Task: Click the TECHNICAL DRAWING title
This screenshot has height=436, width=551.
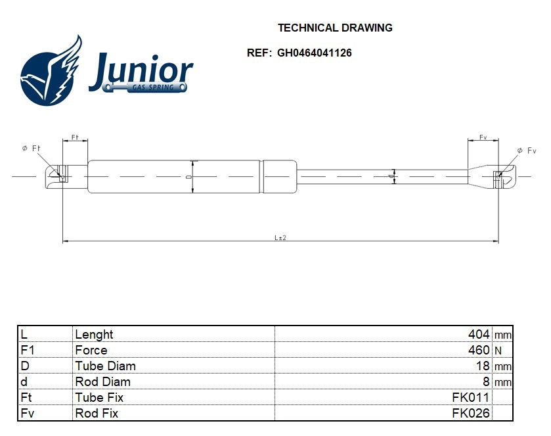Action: tap(335, 28)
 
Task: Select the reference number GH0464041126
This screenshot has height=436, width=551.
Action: tap(314, 53)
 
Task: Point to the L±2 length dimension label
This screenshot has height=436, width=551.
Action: tap(280, 237)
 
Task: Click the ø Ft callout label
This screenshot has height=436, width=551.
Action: tap(32, 149)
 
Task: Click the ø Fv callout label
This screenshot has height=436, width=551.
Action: tap(527, 151)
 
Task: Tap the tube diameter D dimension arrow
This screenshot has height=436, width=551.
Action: tap(192, 177)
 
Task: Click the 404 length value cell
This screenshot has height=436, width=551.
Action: tap(479, 334)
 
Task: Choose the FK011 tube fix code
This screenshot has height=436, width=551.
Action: tap(470, 397)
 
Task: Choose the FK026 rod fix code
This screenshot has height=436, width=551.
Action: tap(470, 413)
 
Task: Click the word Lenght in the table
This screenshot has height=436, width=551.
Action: tap(94, 334)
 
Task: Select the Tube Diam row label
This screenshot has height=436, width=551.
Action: tap(105, 366)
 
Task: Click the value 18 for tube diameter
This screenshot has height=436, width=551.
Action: tap(483, 366)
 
